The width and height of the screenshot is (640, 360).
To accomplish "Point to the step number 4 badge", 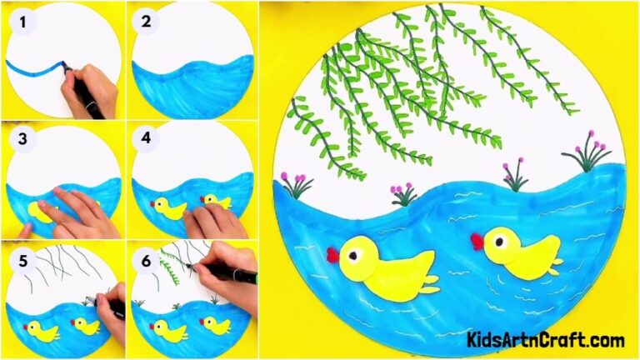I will (145, 139).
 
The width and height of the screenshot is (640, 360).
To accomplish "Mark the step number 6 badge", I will (145, 259).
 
